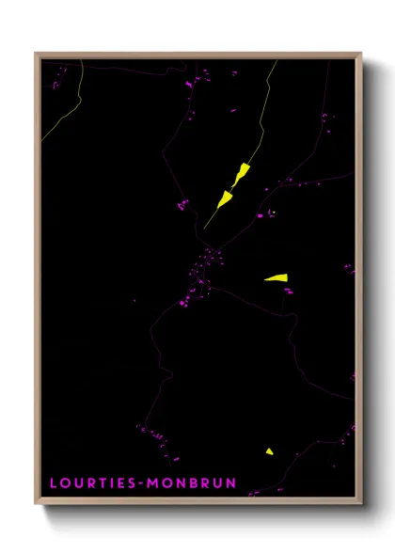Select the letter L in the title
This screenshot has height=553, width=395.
(x=55, y=483)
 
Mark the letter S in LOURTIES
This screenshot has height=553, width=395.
(x=129, y=483)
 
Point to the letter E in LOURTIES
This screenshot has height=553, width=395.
(x=118, y=483)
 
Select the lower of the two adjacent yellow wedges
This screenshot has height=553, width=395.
(x=226, y=198)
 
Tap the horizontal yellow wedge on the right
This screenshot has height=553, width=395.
(x=276, y=277)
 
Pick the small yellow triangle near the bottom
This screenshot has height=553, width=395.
(x=269, y=451)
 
